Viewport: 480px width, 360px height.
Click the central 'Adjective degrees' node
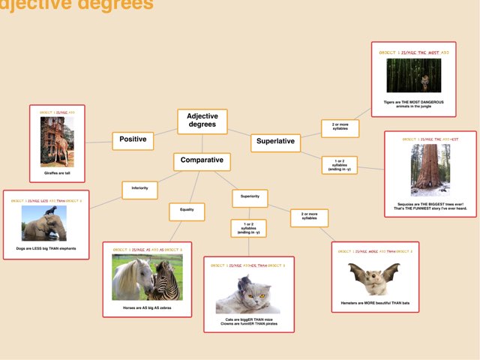click(x=202, y=121)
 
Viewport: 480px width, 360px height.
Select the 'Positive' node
click(x=133, y=139)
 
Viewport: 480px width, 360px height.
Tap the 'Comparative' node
click(x=201, y=161)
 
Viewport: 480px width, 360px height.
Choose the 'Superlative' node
click(x=275, y=142)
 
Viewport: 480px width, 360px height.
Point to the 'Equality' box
click(x=187, y=211)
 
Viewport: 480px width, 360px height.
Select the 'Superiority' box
click(x=250, y=197)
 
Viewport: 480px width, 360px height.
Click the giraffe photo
click(x=57, y=142)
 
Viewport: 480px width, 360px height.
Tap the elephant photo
click(x=44, y=223)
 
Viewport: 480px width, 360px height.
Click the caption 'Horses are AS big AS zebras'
click(x=148, y=307)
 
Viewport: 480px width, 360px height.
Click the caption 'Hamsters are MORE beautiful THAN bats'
click(x=375, y=303)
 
